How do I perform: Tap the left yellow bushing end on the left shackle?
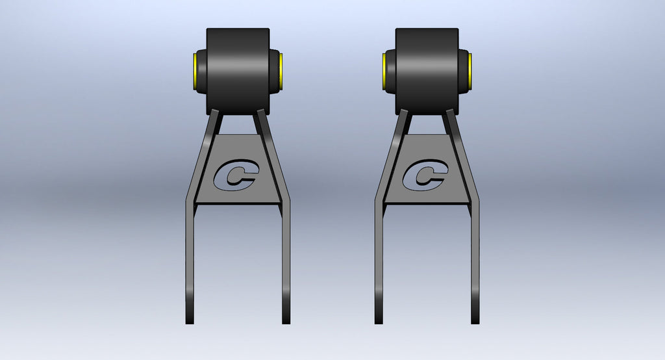click(195, 71)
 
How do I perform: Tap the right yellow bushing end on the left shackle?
click(281, 71)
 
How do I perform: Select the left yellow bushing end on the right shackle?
click(384, 71)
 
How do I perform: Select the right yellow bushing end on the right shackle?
click(470, 71)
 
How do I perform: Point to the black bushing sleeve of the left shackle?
click(238, 70)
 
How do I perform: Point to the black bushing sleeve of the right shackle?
click(427, 70)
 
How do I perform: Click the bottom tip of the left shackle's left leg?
click(190, 321)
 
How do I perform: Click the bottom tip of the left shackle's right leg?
click(286, 321)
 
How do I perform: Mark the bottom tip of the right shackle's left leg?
click(379, 321)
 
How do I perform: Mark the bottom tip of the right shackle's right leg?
click(475, 321)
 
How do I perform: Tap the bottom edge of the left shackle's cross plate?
click(238, 203)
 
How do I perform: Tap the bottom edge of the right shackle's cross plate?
click(427, 203)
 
